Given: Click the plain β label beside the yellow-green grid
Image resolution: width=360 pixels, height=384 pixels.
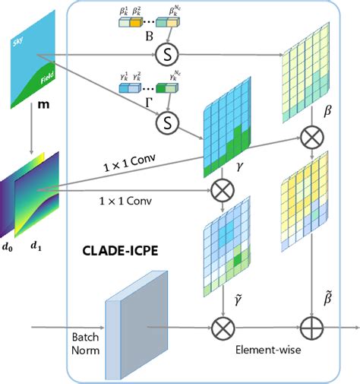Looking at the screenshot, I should [329, 110].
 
